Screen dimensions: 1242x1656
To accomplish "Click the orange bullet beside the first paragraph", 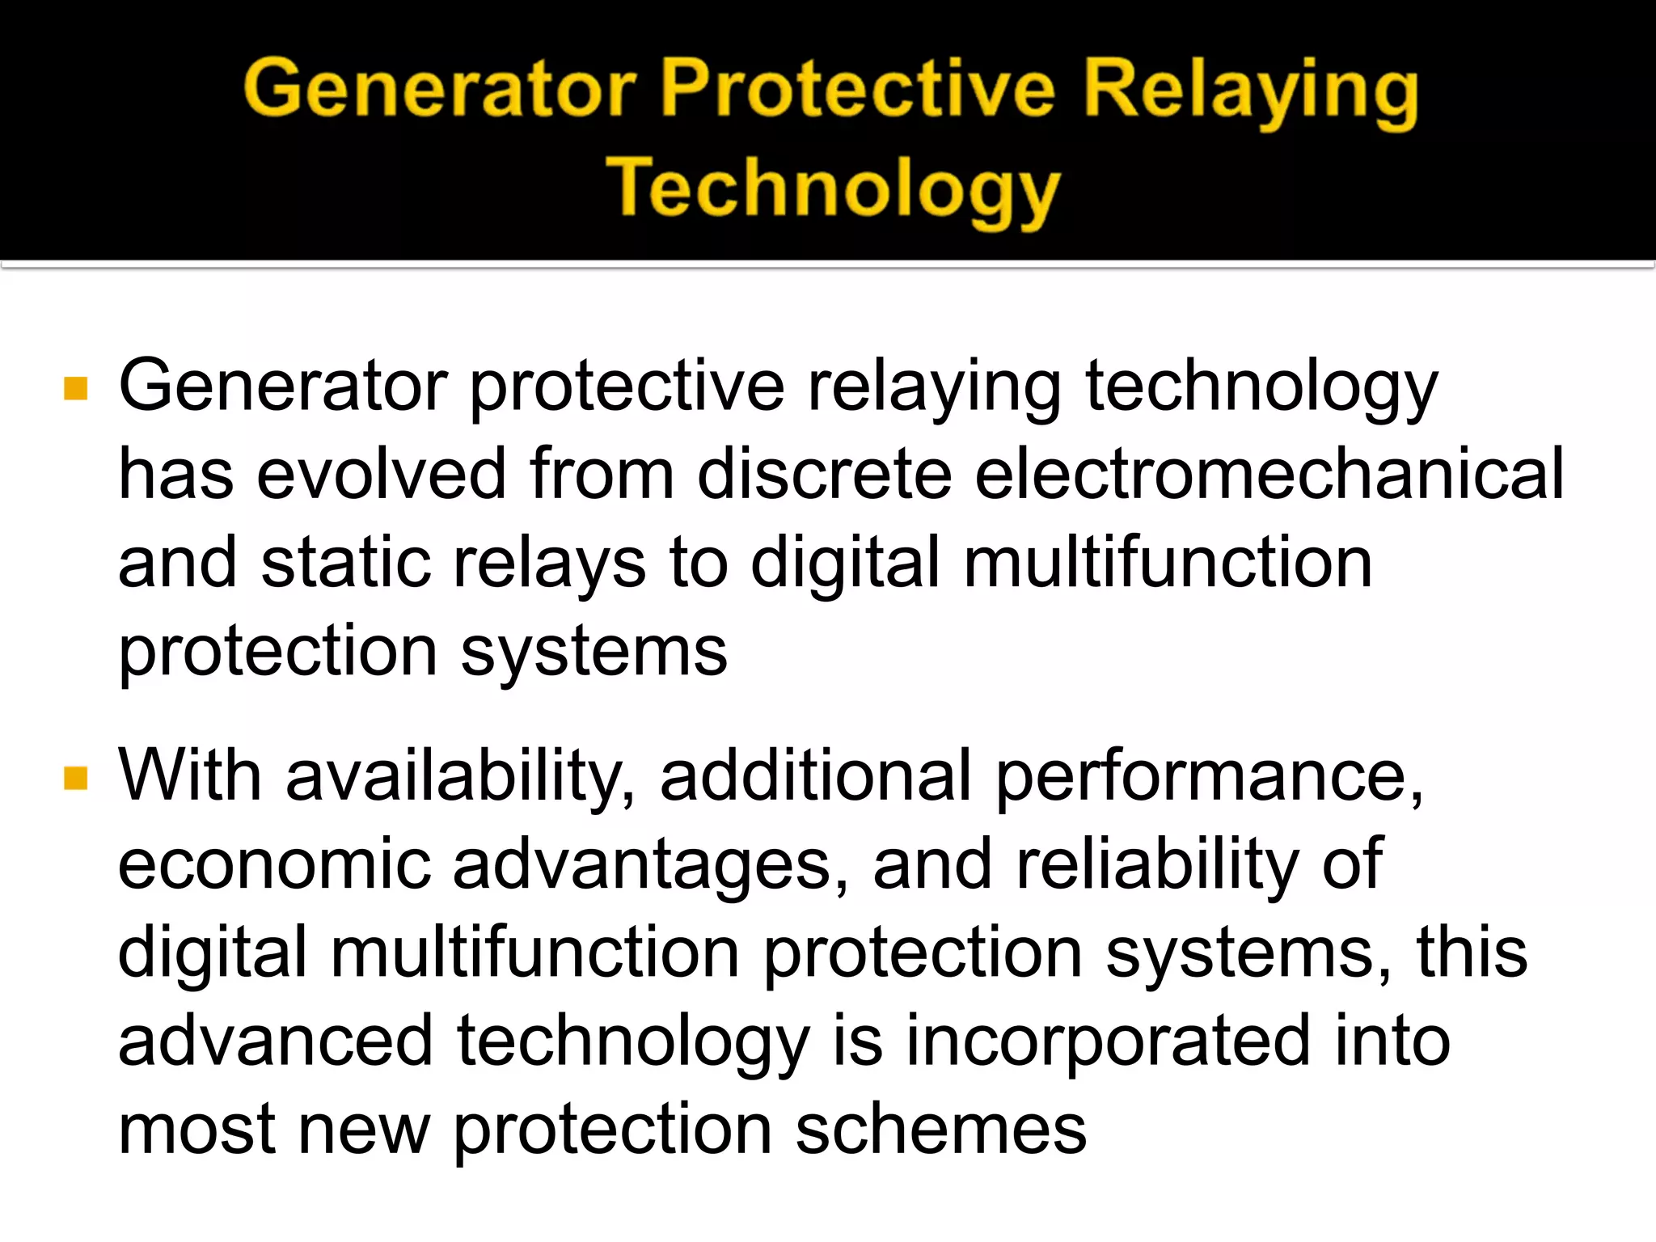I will pos(75,389).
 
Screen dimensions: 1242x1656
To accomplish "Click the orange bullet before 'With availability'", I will pos(75,779).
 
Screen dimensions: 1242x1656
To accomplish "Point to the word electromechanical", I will pos(1269,475).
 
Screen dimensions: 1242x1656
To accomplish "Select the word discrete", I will pos(824,475).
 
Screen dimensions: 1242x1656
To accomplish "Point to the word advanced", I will pos(276,1041).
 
